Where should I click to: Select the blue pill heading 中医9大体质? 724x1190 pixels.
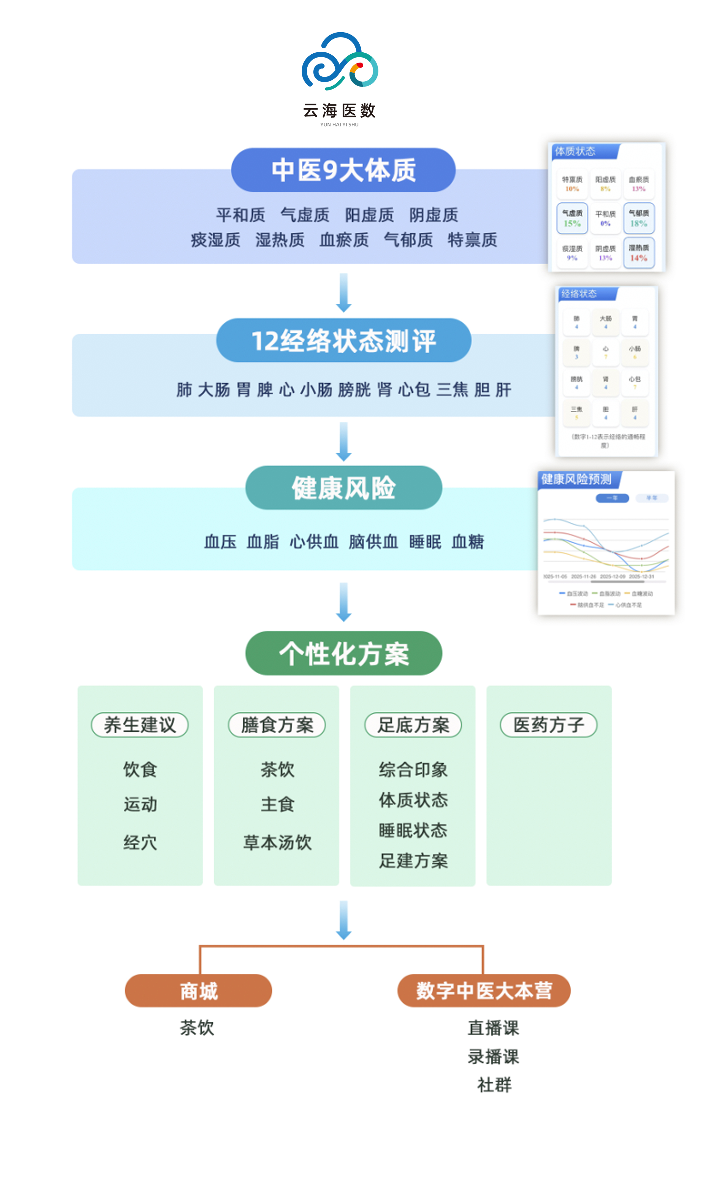point(343,170)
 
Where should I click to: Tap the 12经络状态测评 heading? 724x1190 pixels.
point(343,341)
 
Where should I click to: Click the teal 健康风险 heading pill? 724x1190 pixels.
point(343,488)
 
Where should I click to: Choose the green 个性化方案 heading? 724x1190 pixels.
point(343,654)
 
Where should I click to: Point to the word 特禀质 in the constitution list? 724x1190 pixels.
point(472,240)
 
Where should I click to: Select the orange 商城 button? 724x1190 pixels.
point(198,991)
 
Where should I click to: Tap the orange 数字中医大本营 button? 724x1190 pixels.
point(483,991)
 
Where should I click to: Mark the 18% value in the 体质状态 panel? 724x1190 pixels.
point(638,223)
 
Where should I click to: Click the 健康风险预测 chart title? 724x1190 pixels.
point(576,479)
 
